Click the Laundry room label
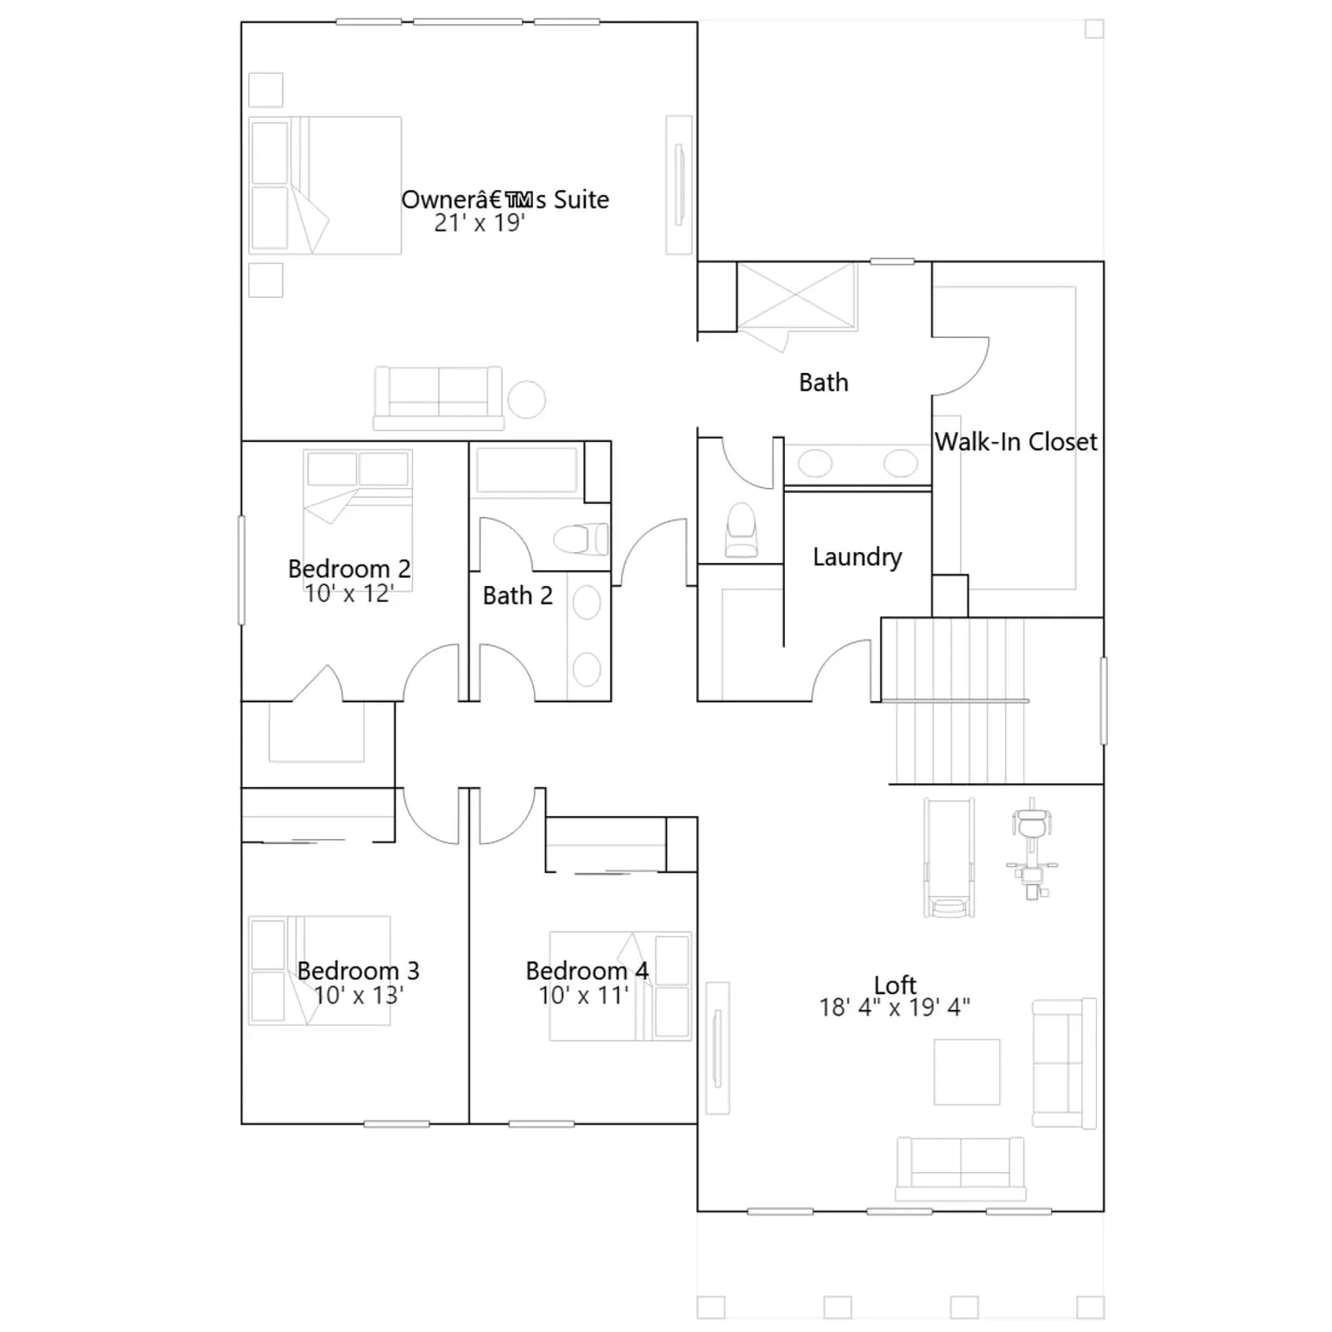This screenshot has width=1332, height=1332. coord(857,558)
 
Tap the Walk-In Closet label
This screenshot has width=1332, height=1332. coord(1016,441)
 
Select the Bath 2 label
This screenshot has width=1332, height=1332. coord(517,595)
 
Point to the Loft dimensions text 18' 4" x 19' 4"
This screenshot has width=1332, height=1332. coord(894,1007)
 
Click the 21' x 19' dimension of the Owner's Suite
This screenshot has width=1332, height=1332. coord(480,223)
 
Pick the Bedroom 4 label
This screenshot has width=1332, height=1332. coord(587,971)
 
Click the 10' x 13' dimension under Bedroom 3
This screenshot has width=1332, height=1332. coord(358,995)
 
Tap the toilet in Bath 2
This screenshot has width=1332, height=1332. coord(581,539)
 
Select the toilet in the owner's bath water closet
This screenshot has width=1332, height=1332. coord(742,530)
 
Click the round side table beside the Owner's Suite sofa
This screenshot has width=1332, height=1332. coord(526,400)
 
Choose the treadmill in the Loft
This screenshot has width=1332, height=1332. coord(949,858)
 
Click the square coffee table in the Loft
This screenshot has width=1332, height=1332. coord(967,1071)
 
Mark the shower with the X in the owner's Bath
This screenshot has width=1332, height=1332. coord(796,296)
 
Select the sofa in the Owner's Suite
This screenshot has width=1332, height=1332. coord(438,398)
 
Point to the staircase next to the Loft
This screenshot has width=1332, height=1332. coord(957,700)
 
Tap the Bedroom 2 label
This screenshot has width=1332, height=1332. coord(349,569)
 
